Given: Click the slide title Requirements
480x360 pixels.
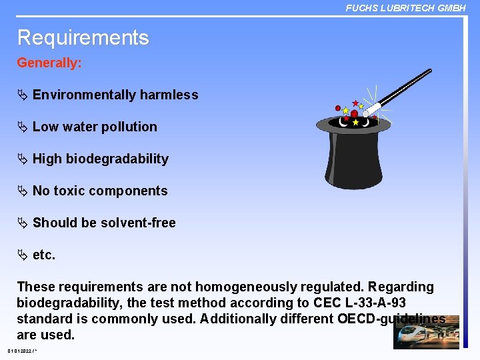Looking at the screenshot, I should pyautogui.click(x=83, y=37).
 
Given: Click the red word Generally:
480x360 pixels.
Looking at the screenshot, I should pyautogui.click(x=49, y=63).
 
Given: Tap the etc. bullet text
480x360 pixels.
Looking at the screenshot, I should pyautogui.click(x=44, y=255).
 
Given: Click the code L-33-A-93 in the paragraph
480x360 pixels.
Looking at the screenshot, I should pyautogui.click(x=373, y=303).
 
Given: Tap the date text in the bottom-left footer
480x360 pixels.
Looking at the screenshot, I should pyautogui.click(x=21, y=351).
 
